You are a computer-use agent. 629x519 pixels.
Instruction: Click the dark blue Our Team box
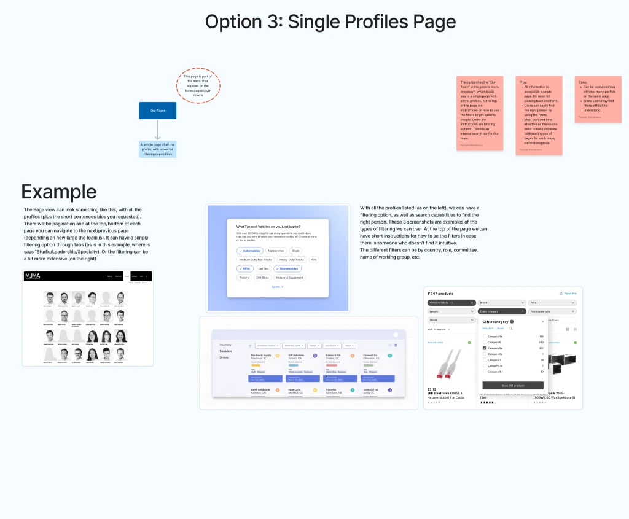157,111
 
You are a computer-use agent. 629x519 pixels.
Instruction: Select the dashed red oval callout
197,85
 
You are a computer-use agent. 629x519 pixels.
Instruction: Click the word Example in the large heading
58,192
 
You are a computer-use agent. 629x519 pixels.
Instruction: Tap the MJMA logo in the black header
33,276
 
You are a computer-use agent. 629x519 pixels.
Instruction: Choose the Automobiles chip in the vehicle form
250,251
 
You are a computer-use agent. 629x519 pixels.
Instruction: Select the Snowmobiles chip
288,268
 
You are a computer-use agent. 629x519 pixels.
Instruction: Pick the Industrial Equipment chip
290,278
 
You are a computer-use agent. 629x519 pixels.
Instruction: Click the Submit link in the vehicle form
277,287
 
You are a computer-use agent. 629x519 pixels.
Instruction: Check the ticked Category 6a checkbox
485,348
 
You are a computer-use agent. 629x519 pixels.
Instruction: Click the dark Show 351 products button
513,385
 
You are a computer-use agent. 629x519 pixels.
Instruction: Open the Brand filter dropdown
501,303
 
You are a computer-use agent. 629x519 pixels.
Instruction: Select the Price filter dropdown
552,303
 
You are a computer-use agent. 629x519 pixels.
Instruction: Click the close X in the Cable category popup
542,321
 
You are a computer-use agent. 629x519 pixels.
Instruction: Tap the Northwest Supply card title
261,355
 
